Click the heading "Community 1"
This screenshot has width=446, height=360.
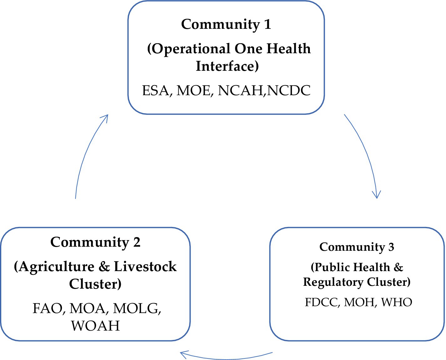click(226, 24)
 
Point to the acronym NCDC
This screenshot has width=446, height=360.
click(289, 90)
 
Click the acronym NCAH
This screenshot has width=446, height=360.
click(240, 90)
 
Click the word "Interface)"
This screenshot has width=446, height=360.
click(227, 66)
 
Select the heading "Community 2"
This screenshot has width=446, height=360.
click(95, 242)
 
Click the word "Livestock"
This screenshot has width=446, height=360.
click(145, 267)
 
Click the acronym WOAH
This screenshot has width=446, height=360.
click(95, 326)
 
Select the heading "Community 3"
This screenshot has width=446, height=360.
click(357, 247)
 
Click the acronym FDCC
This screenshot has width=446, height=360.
click(322, 302)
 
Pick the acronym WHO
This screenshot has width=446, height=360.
click(397, 302)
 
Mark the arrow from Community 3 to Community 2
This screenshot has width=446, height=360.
click(227, 358)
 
